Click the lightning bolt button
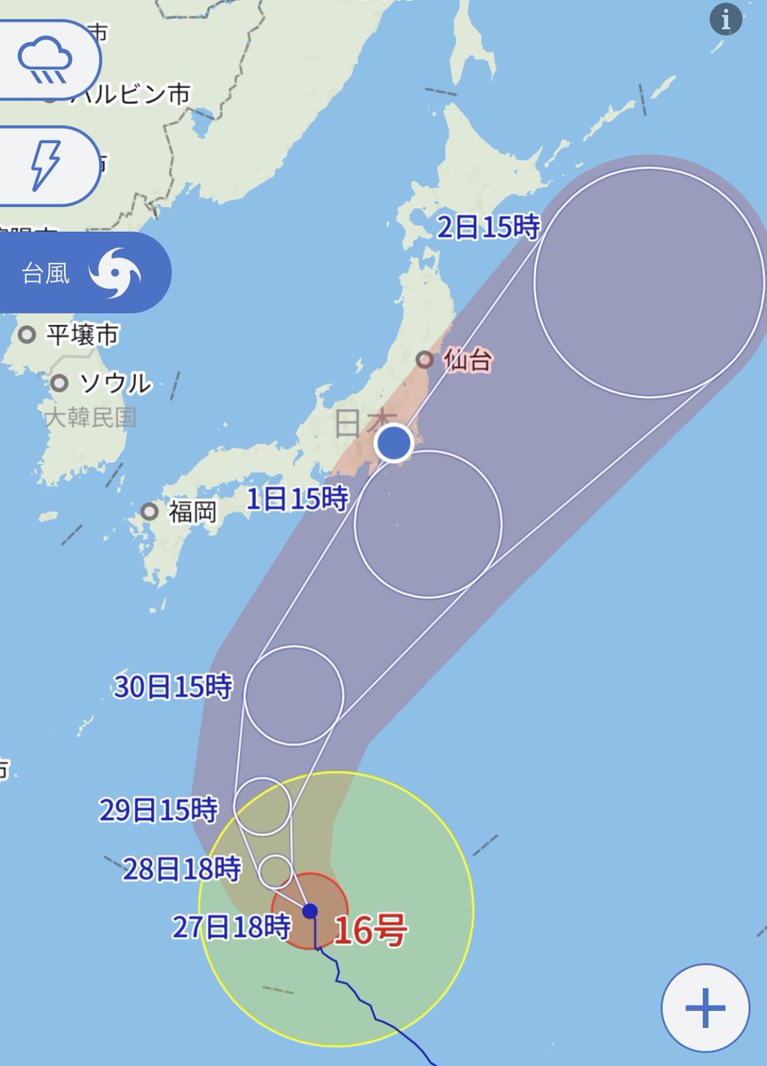[x=44, y=165]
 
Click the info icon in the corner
[x=726, y=20]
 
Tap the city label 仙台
[x=466, y=361]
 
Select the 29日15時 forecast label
[x=158, y=809]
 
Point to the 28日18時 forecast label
[x=182, y=868]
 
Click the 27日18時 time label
[x=231, y=927]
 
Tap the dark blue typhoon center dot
[x=310, y=911]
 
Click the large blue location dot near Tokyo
[x=394, y=442]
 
